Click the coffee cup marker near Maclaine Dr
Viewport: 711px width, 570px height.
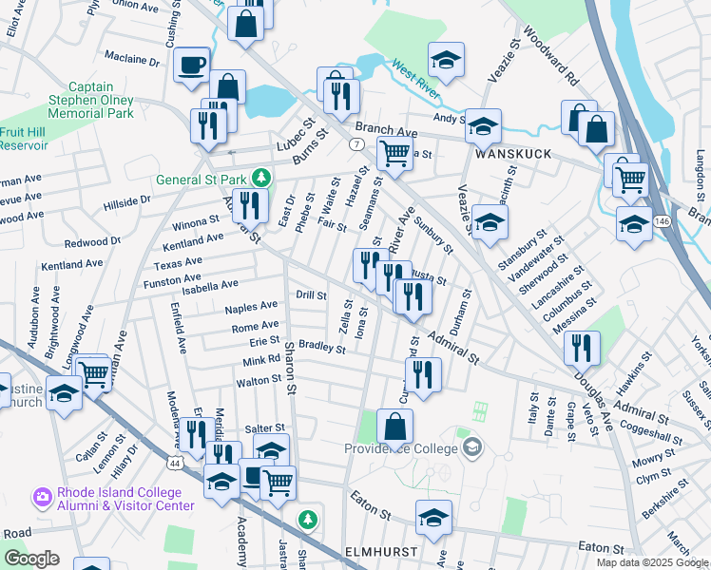[x=193, y=65]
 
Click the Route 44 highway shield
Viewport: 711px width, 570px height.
[x=175, y=463]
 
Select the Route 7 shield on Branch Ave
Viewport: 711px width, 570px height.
[x=355, y=143]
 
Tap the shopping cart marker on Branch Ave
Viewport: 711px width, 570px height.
[x=394, y=152]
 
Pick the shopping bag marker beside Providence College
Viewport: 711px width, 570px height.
[x=394, y=427]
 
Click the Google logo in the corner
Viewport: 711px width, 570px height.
[x=31, y=559]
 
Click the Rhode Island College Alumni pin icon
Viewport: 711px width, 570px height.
[x=42, y=496]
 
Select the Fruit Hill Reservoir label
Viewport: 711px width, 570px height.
[x=24, y=138]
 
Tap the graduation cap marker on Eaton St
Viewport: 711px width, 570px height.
[x=433, y=517]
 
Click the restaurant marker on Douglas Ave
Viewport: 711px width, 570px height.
[x=582, y=348]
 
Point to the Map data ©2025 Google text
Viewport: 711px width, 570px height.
[x=652, y=561]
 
